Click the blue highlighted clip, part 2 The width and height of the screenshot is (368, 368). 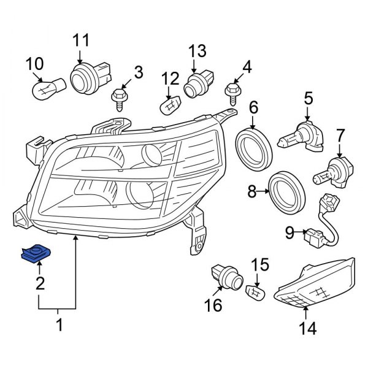[x=36, y=251]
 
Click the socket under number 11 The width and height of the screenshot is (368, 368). [x=85, y=79]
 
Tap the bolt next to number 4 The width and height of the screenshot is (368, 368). [x=232, y=93]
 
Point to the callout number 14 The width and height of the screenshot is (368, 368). [x=307, y=329]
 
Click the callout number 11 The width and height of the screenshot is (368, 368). [x=81, y=40]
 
